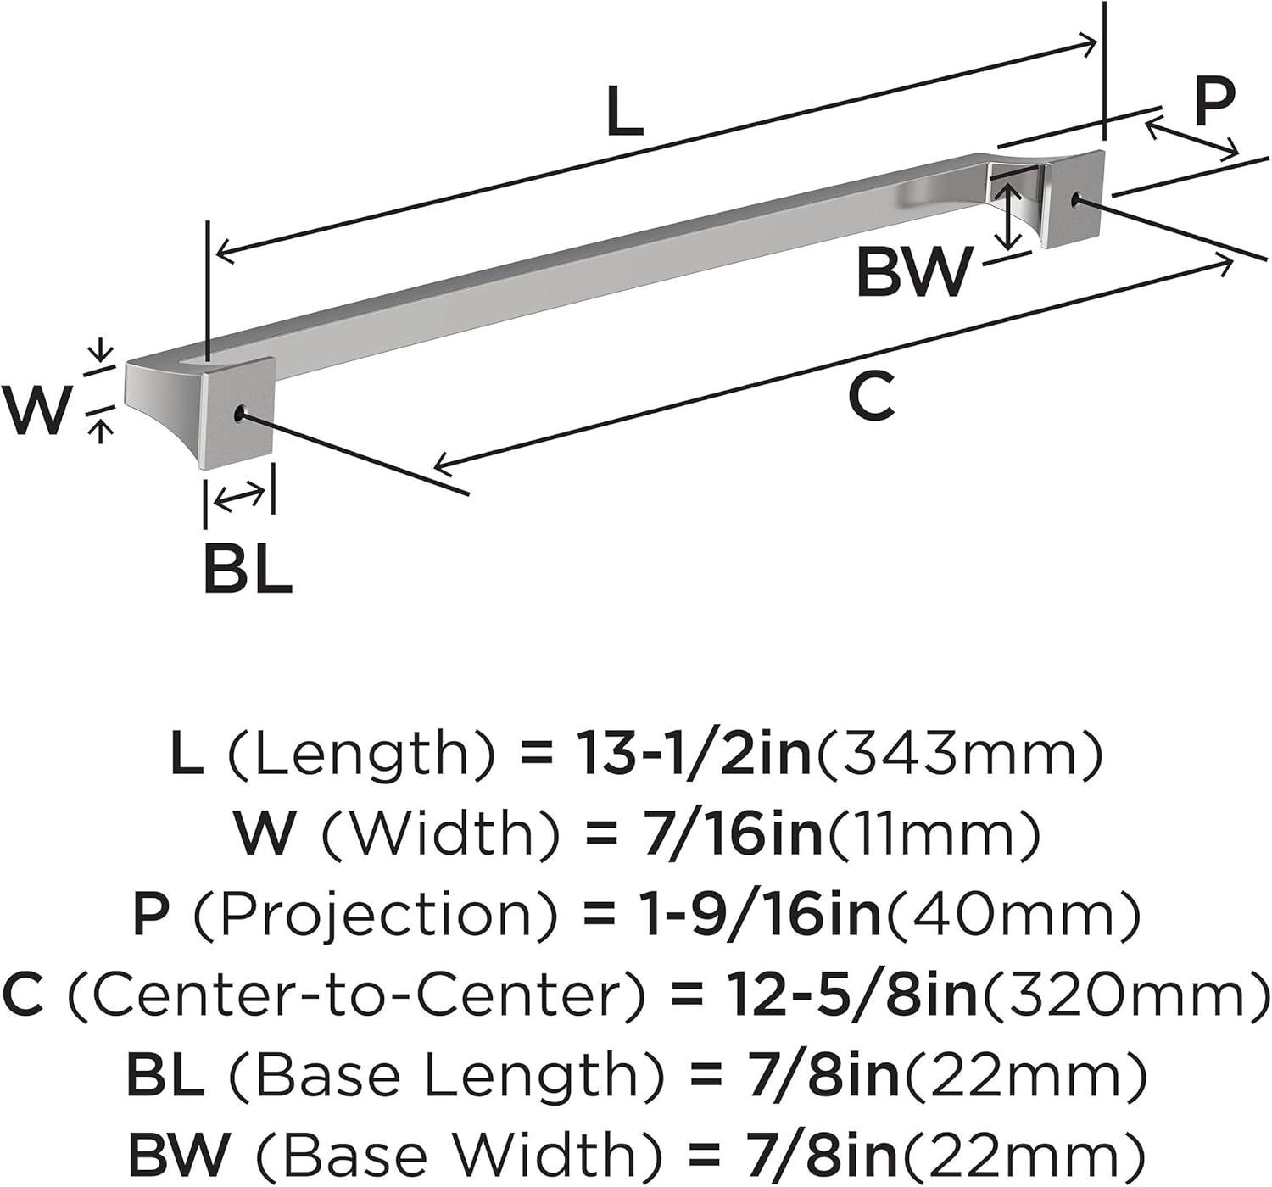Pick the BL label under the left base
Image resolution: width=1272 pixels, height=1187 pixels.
(x=248, y=569)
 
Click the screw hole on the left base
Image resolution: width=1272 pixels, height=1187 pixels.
(x=240, y=413)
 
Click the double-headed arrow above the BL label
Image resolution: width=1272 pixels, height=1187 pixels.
(x=239, y=497)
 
